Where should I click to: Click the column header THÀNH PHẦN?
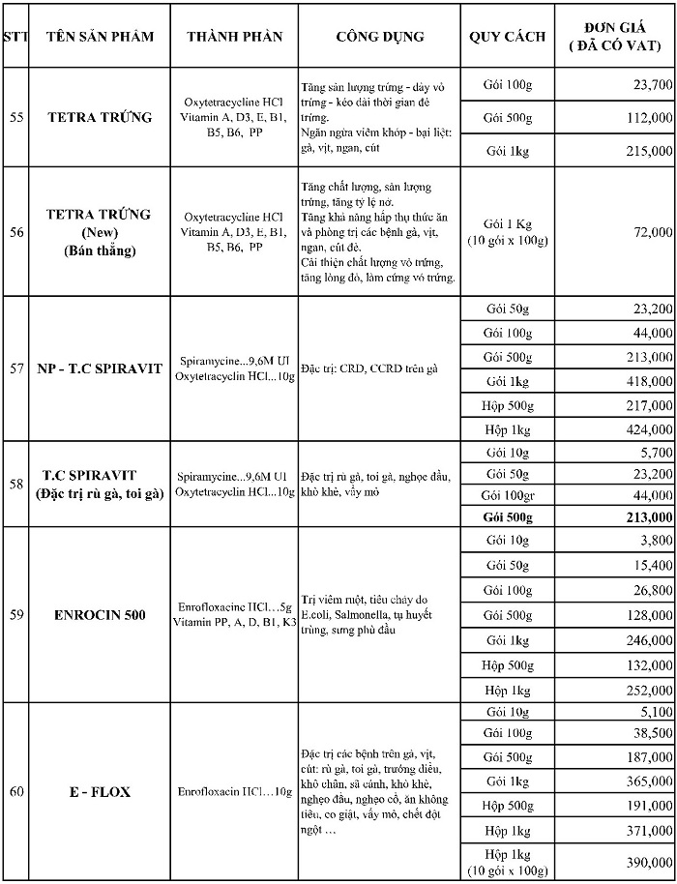coord(235,37)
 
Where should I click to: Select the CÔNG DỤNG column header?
coord(380,37)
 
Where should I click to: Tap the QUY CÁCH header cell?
coord(508,37)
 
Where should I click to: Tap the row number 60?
coord(16,792)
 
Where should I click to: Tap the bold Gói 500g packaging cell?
coord(509,517)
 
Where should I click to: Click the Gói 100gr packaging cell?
coord(509,495)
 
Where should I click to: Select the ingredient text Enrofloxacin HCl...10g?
coord(236,792)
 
